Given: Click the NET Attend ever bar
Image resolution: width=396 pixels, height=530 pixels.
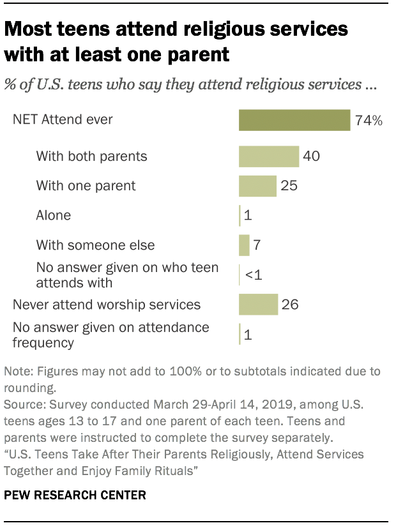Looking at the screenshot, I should (x=294, y=120).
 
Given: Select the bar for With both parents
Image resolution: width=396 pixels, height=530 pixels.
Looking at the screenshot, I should (x=269, y=156).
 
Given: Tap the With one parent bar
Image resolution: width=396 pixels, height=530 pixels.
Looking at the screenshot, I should (x=257, y=186).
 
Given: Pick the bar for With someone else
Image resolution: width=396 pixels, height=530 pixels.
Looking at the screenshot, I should (x=244, y=245).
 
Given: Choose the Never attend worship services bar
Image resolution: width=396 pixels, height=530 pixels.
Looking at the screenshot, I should (x=258, y=305).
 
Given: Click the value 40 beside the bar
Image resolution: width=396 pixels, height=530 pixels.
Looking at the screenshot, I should (x=312, y=156).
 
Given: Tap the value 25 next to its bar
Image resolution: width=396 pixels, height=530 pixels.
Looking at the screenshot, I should (x=289, y=186).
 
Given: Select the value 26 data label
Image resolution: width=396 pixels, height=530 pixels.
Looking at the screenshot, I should (x=290, y=305).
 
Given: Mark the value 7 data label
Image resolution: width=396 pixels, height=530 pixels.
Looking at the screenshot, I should (x=257, y=245).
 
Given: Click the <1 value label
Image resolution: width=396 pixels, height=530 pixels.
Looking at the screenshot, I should (x=254, y=275).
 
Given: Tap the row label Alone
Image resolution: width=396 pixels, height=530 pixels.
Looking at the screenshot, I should (x=53, y=215).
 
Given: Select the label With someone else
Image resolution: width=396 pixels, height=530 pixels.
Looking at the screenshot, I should (x=95, y=245).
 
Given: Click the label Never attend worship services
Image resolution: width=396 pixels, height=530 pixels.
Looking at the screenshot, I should (x=107, y=305).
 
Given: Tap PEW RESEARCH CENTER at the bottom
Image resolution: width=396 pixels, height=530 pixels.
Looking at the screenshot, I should (x=73, y=495).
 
